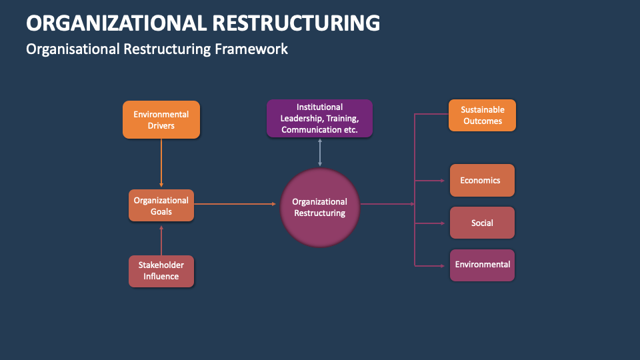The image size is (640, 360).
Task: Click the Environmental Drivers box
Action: pos(161,119)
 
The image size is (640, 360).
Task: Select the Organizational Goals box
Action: pos(161,205)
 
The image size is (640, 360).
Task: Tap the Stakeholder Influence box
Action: pos(161,271)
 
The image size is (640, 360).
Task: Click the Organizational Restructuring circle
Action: pos(320,207)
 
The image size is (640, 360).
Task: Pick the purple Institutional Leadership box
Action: pos(319,118)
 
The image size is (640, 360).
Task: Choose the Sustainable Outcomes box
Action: pos(482,115)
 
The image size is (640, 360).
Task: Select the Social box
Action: pos(482,223)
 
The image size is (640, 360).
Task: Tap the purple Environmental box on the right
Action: pos(482,265)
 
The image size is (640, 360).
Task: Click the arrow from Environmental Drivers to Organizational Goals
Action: pos(161,163)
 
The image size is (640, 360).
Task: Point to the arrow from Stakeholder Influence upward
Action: pos(161,240)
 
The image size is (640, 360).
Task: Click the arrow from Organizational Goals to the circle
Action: pos(235,204)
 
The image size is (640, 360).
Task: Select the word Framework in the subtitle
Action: pos(251,49)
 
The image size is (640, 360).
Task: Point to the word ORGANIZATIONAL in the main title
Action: pos(116,23)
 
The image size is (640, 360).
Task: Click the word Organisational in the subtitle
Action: pos(73,49)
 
